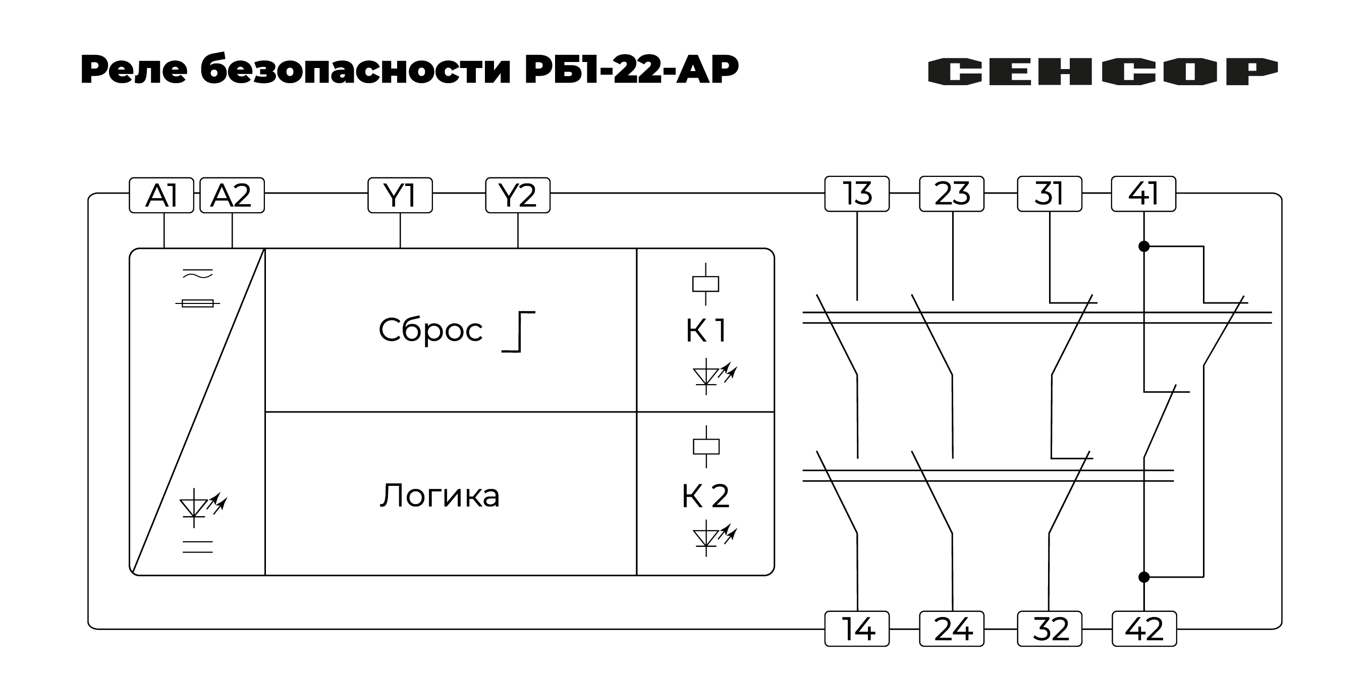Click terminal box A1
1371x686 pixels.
[161, 195]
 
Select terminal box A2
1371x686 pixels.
[232, 195]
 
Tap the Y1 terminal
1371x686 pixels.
[400, 195]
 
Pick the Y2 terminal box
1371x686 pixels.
[517, 195]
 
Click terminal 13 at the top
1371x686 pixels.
[857, 194]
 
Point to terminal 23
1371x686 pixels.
[952, 194]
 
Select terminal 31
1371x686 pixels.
[1049, 194]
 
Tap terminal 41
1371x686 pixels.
[1143, 194]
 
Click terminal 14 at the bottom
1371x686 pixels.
[857, 629]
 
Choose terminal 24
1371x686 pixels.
[952, 629]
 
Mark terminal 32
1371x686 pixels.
[1049, 629]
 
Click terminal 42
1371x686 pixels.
[1144, 629]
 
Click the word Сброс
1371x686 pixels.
[430, 330]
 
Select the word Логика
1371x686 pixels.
[440, 495]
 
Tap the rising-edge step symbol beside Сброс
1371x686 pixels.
[518, 332]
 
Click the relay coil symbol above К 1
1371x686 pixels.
[705, 284]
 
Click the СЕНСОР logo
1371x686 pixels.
[1102, 71]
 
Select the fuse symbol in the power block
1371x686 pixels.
[197, 303]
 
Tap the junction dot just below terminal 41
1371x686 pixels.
[1144, 246]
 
